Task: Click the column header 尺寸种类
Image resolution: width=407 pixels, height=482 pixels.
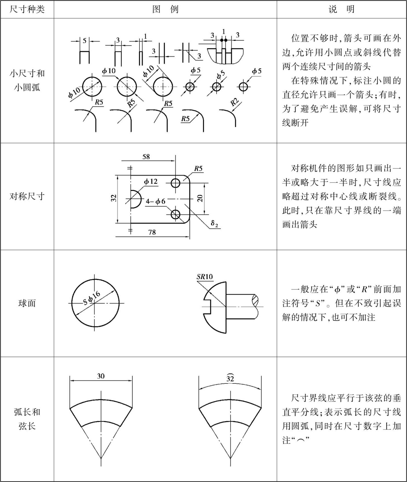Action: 27,9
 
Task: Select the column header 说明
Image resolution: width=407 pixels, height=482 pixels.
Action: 342,9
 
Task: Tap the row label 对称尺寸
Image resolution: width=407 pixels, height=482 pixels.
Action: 27,196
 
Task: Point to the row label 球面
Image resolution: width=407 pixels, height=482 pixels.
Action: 27,303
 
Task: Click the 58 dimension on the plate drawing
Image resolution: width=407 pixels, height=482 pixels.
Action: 146,157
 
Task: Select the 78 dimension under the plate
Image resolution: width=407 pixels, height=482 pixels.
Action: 152,232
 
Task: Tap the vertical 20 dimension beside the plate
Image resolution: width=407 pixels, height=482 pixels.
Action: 200,198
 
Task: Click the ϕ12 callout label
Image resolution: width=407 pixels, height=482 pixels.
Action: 151,181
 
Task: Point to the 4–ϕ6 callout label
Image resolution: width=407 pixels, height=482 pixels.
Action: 156,202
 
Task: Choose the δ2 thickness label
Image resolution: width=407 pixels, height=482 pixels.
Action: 214,223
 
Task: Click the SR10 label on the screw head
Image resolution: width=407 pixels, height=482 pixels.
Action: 205,277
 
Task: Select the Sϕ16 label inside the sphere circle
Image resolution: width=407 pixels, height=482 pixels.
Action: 92,298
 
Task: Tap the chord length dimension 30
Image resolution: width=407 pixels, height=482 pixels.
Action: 101,376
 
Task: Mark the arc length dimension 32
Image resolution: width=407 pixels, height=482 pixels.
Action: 230,378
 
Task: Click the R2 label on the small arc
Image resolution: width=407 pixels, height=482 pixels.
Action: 234,102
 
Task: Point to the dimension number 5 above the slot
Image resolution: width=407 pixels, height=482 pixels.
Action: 85,41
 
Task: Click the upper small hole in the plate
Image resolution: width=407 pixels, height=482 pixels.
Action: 175,183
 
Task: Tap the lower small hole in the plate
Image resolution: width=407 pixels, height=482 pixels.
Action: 175,214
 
